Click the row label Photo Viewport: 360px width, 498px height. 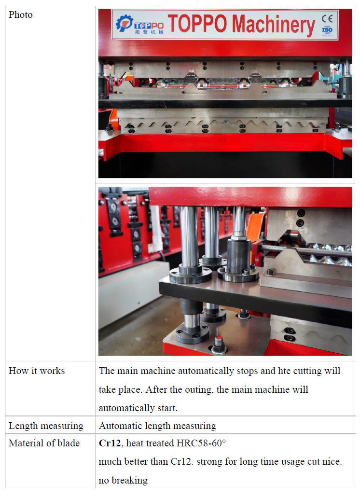21,14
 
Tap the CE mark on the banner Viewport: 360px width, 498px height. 327,19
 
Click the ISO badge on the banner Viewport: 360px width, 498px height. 327,30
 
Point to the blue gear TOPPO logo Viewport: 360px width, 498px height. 124,23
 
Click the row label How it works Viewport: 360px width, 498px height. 37,371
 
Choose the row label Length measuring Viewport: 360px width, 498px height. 46,426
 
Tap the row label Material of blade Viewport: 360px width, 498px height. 44,443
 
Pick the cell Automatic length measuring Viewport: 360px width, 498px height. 157,426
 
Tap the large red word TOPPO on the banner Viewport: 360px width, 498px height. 197,24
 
